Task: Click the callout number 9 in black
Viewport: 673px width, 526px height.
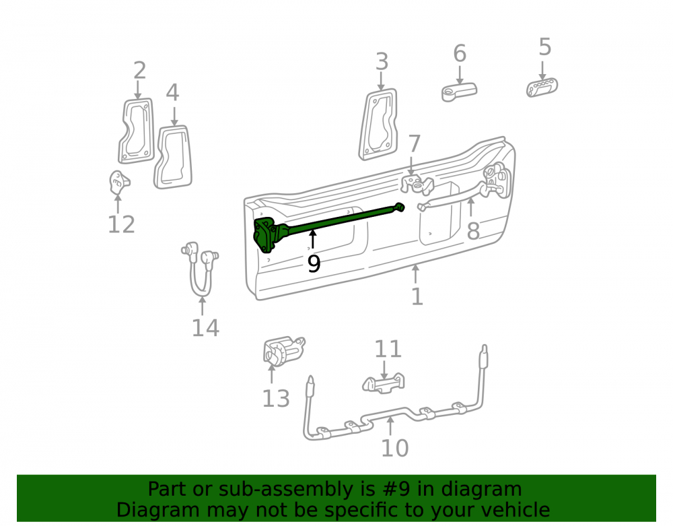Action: click(314, 263)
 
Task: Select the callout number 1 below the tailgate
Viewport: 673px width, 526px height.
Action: click(417, 296)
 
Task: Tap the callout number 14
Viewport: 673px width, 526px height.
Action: click(205, 328)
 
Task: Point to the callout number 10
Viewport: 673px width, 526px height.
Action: click(394, 448)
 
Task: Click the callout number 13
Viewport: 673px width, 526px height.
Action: click(275, 399)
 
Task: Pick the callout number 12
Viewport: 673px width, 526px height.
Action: click(121, 224)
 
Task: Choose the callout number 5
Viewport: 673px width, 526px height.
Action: click(544, 46)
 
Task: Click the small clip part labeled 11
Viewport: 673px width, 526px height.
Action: click(384, 383)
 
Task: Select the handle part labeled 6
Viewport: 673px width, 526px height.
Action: click(459, 92)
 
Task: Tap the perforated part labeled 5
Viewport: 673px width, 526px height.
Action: click(542, 88)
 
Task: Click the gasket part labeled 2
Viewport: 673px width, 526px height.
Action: click(137, 131)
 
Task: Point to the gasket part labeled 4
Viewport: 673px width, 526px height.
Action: click(173, 157)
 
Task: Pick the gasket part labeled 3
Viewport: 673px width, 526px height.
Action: click(378, 125)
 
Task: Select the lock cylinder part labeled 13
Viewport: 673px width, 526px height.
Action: click(283, 352)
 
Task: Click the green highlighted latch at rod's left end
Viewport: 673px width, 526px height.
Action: click(267, 235)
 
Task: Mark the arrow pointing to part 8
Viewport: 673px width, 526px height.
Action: click(471, 207)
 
